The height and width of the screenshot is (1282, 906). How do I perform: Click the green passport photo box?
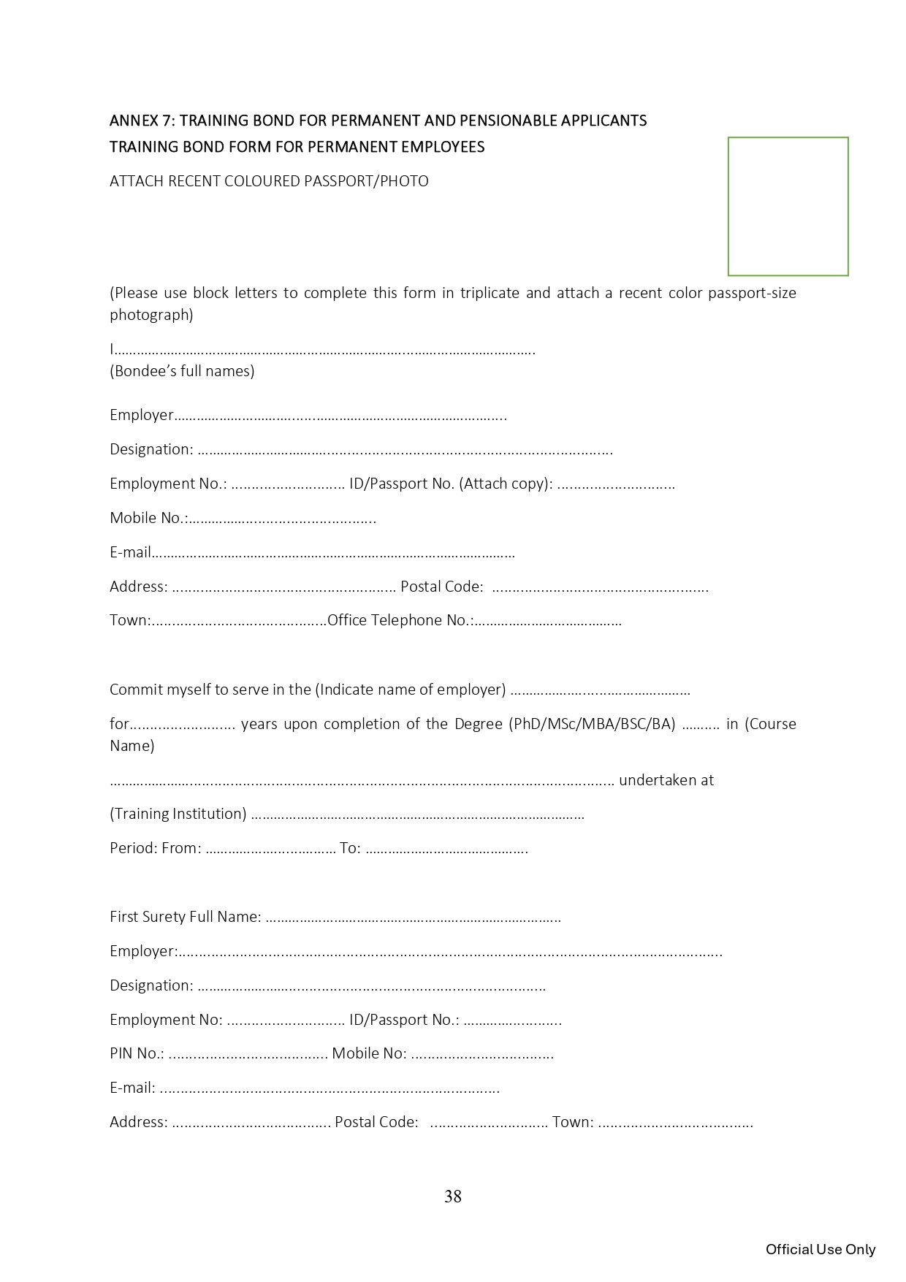pos(788,206)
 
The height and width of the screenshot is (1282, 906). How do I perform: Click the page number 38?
pos(452,1196)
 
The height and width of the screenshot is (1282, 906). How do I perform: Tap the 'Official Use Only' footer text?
pos(820,1249)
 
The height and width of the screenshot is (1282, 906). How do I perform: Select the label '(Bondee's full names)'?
pos(182,371)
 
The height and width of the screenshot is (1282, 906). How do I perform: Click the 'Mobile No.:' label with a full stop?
pos(148,518)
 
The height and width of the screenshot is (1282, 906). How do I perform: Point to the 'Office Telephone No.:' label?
pos(400,620)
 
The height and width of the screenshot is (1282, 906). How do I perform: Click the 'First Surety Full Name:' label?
pos(185,917)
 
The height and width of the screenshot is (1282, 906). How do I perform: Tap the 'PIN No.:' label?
pos(137,1053)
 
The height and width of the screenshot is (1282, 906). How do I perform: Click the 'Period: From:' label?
pos(155,848)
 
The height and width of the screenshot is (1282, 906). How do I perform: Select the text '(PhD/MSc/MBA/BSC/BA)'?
pos(592,724)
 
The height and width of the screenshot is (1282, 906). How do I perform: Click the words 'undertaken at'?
pos(666,780)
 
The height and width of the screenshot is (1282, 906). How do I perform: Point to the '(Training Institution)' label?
pos(178,814)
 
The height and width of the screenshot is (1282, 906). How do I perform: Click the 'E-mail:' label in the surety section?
pos(132,1088)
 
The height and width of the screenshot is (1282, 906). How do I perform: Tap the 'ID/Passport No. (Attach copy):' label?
pos(450,484)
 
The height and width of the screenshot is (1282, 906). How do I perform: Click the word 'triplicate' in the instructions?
pos(490,293)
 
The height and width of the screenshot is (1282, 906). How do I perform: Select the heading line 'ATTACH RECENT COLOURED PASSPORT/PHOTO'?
pos(269,181)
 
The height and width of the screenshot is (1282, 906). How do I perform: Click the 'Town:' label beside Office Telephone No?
pos(130,620)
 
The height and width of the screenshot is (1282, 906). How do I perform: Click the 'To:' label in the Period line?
pos(350,848)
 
